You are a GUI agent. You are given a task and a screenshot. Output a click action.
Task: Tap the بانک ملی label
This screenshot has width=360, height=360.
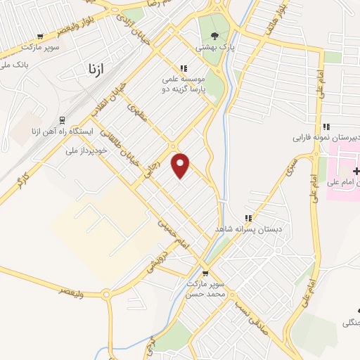[15, 65]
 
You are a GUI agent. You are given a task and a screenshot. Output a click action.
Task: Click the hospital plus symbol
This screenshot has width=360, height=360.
[356, 171]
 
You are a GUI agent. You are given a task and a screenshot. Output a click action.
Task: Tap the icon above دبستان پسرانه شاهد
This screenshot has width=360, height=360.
[247, 218]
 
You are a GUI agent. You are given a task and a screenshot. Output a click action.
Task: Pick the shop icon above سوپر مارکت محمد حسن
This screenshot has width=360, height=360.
[205, 274]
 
